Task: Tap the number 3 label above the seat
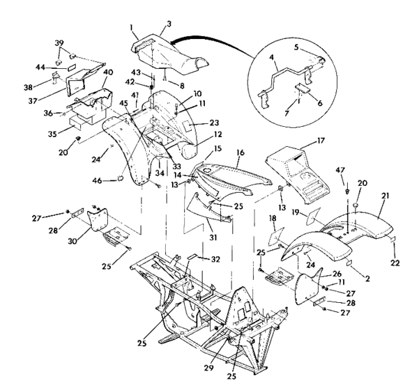tap(168, 24)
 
